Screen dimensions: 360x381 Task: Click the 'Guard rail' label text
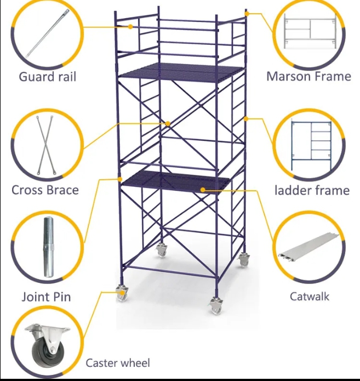click(x=48, y=77)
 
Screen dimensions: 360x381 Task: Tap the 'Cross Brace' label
click(x=45, y=190)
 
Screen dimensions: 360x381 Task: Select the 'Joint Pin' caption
click(x=46, y=297)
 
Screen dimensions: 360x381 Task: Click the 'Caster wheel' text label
click(x=118, y=363)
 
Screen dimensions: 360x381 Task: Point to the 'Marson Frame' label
click(x=308, y=76)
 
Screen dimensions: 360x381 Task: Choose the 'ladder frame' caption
click(x=312, y=190)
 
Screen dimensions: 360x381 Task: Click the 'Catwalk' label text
click(x=310, y=297)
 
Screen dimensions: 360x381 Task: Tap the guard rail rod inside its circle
click(x=48, y=33)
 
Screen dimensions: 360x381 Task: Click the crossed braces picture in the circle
click(x=45, y=145)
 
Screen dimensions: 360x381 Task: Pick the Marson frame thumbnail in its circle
click(x=310, y=32)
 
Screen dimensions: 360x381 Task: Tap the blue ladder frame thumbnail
click(x=311, y=145)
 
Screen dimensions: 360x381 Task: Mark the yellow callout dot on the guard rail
click(x=130, y=27)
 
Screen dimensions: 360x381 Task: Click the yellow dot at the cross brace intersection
click(x=168, y=124)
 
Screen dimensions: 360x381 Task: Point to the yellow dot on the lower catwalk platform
click(x=203, y=190)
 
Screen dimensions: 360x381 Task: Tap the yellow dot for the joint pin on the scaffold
click(x=120, y=179)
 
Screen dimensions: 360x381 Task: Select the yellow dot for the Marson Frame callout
click(x=247, y=14)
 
